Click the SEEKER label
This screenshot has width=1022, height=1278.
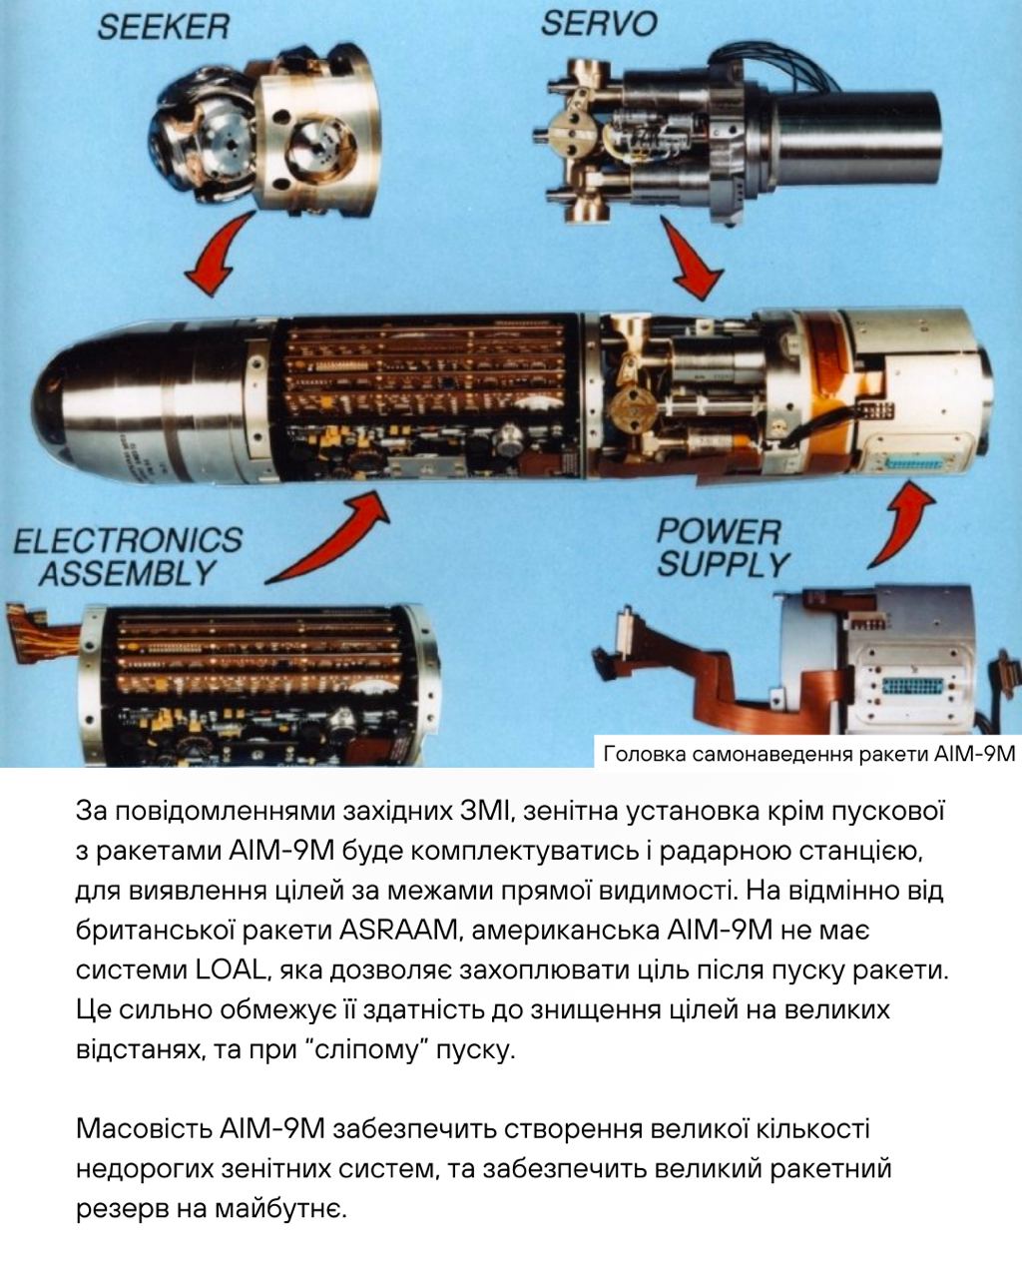[164, 27]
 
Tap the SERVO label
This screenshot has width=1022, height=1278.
[599, 24]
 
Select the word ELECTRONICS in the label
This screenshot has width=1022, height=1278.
[128, 540]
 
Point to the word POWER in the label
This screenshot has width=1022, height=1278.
[719, 531]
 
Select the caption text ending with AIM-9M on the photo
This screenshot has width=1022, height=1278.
[809, 754]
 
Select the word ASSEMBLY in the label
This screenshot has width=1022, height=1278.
[127, 574]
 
